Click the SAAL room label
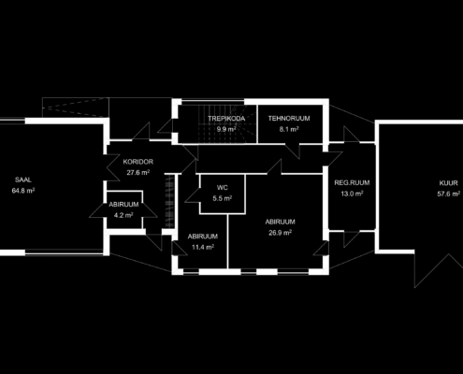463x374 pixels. point(23,180)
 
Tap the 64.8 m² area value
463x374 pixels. point(23,191)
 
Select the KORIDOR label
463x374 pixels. point(138,162)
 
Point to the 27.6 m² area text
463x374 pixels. point(138,172)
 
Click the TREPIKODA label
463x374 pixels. point(226,119)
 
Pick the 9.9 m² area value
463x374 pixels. point(226,129)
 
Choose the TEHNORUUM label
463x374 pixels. point(289,119)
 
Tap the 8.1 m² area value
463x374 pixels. point(289,129)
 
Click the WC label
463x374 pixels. point(223,188)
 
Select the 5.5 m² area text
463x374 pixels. point(223,198)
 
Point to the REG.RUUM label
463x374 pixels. point(352,182)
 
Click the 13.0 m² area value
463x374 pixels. point(352,194)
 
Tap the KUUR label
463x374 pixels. point(449,183)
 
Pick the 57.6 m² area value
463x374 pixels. point(449,194)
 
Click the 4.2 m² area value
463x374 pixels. point(123,215)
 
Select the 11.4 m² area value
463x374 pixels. point(203,247)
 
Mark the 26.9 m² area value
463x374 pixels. point(280,233)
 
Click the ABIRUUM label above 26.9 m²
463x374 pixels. point(280,222)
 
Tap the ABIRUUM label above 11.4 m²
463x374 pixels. point(203,237)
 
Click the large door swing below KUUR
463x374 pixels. point(437,270)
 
